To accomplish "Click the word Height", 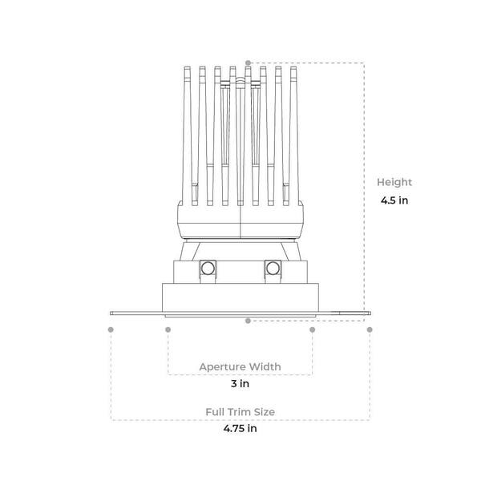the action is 394,182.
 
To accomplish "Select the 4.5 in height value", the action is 394,200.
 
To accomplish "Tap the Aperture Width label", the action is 240,366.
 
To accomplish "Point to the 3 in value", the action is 240,383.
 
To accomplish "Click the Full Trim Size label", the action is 240,412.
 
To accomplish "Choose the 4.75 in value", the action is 240,428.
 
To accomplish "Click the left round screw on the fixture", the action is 208,269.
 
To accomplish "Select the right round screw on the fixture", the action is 273,269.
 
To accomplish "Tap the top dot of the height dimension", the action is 249,63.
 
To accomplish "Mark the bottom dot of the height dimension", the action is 249,321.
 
